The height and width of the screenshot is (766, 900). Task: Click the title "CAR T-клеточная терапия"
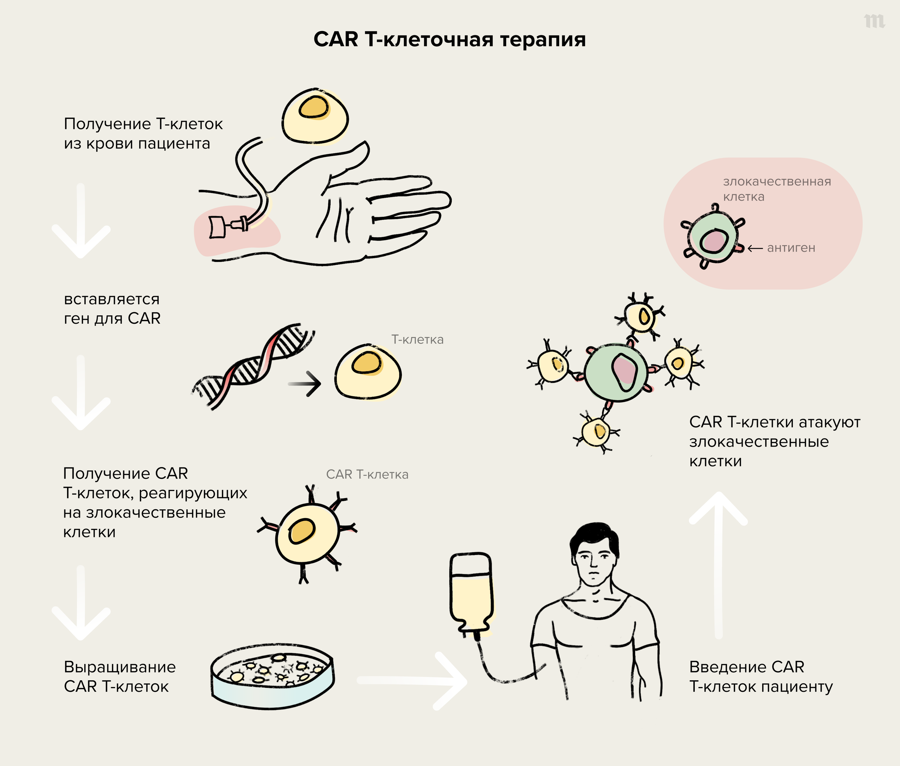tap(450, 39)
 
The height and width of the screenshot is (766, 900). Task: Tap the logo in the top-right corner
tap(874, 21)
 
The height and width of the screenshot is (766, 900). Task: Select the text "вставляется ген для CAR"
tap(112, 309)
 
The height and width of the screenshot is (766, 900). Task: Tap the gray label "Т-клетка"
tap(417, 340)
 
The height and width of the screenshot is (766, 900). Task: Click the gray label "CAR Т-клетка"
tap(367, 475)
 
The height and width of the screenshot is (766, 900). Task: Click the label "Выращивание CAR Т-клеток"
tap(120, 677)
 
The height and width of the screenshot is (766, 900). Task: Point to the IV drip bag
tap(471, 593)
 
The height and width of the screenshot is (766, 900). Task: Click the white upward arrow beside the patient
tap(718, 565)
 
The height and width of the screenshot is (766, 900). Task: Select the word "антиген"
tap(791, 248)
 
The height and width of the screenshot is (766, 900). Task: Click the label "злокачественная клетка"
tap(777, 189)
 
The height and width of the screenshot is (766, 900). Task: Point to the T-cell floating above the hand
tap(315, 116)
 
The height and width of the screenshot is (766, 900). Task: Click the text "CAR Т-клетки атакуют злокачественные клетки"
tap(774, 441)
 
